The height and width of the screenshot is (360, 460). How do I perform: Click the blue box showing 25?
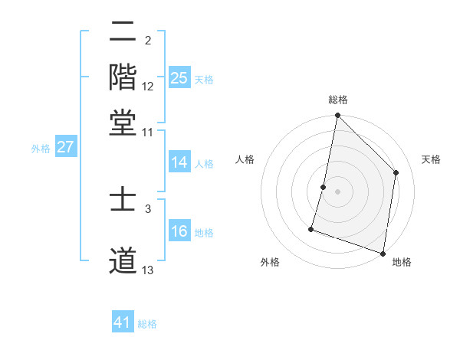point(179,77)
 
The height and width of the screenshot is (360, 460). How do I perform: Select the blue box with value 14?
point(179,162)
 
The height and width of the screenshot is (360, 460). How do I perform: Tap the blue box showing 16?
point(179,231)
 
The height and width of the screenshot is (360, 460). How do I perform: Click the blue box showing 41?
point(123,322)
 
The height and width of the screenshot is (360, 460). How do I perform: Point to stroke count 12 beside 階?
point(148,86)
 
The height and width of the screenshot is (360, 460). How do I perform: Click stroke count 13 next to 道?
point(148,270)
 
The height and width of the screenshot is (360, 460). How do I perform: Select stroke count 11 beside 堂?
point(148,132)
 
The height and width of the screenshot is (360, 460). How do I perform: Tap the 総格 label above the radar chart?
point(337,100)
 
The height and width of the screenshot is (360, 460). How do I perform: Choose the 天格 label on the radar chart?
point(431,159)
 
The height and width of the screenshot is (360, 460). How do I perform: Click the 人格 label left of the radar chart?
point(245,159)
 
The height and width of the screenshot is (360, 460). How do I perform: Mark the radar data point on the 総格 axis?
point(337,116)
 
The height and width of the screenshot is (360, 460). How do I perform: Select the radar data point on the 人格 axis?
point(324,186)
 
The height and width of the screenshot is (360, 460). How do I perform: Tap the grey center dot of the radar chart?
point(337,191)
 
